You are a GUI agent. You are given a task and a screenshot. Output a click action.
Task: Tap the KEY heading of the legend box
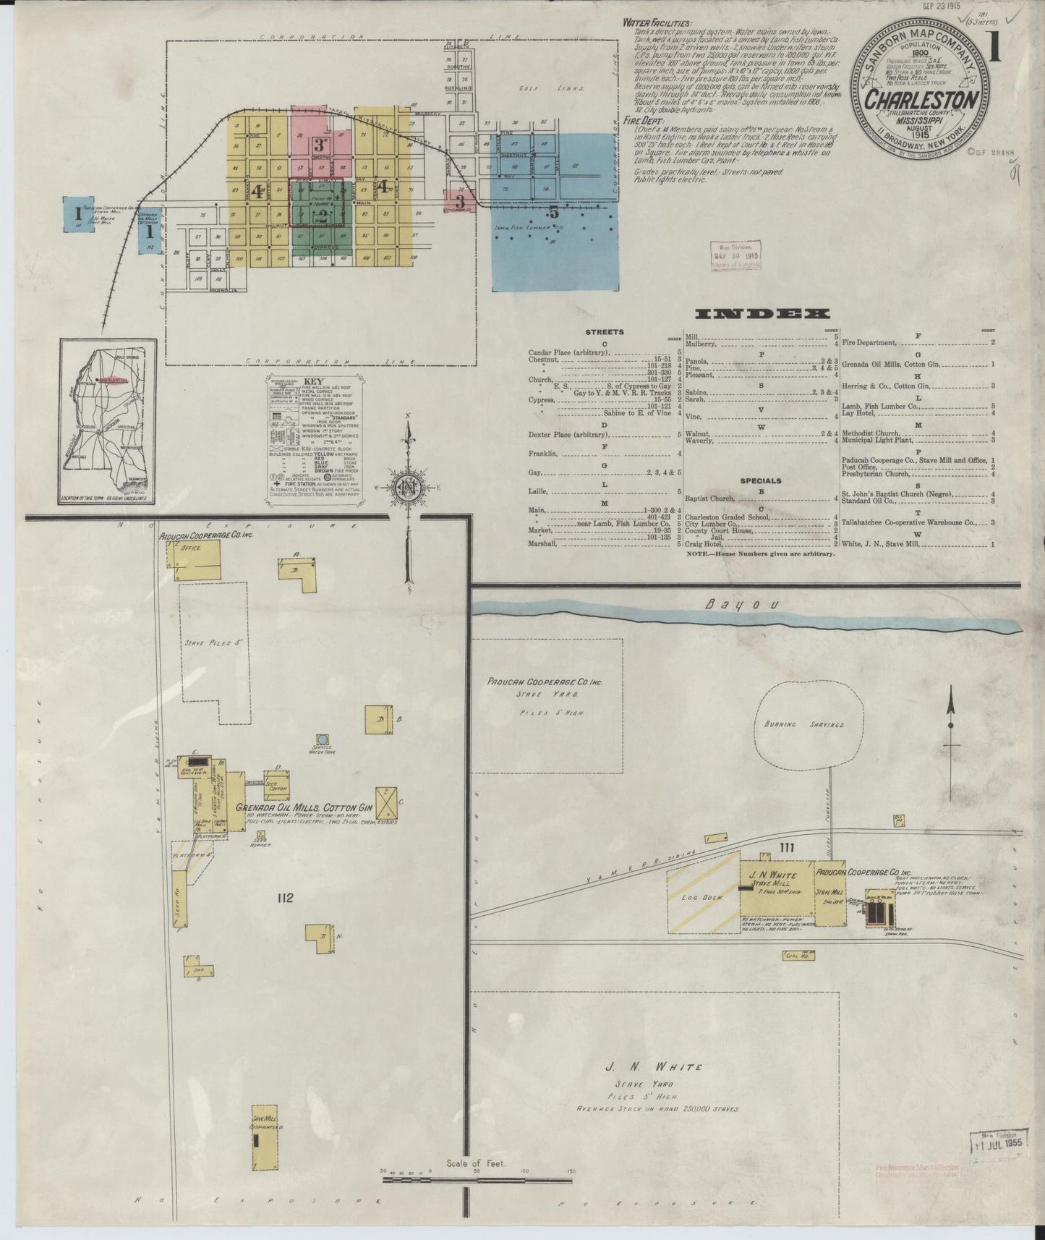coord(313,382)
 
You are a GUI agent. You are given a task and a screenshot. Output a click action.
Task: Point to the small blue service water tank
coord(323,739)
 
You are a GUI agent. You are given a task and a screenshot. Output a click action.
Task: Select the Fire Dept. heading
coord(640,121)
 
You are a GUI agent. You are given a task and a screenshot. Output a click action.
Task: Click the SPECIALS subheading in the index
coord(760,480)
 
